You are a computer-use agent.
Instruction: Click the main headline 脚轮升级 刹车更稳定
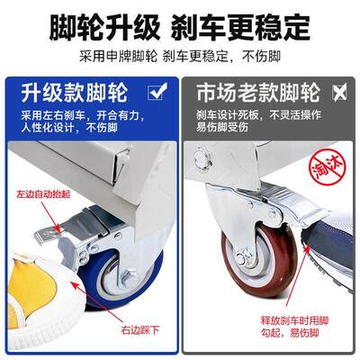coord(180,19)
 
